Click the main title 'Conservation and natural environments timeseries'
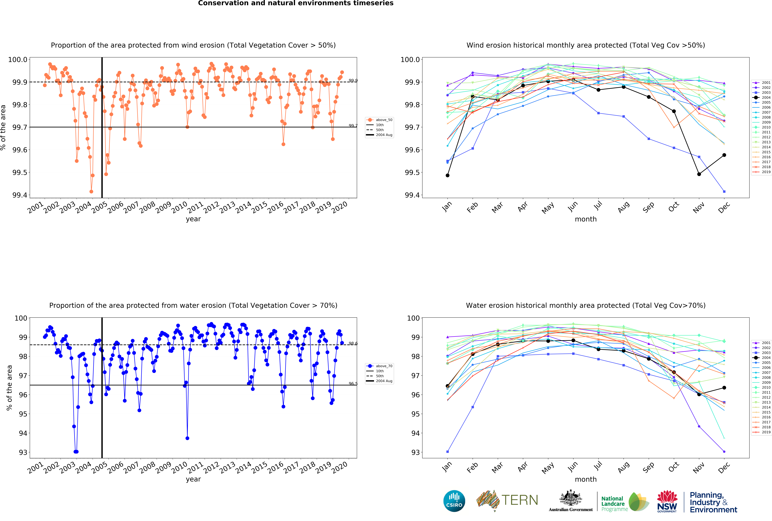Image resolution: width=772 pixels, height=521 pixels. coord(296,3)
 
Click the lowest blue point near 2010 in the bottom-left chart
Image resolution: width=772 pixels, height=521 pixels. coord(187,438)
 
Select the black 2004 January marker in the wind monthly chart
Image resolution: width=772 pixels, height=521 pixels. coord(447,175)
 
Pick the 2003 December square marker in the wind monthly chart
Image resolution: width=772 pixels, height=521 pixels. coord(724,191)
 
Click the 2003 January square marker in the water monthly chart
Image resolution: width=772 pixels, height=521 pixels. coord(447,452)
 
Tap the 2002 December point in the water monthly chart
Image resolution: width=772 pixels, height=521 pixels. coord(724,452)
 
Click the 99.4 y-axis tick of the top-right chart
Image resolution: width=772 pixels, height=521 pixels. coord(411,195)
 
